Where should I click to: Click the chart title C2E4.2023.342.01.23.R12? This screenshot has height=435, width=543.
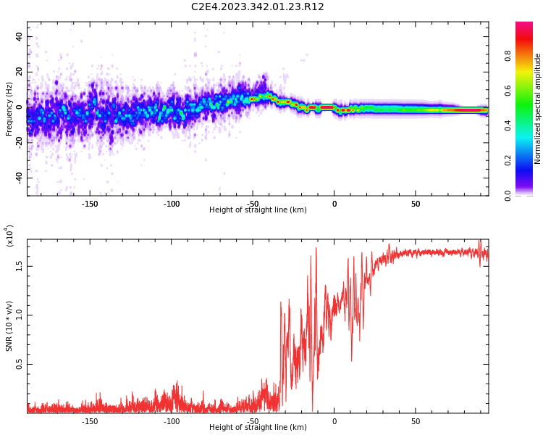pos(257,7)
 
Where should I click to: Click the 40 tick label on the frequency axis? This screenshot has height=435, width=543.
pos(20,36)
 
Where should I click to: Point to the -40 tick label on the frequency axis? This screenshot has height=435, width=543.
pos(17,178)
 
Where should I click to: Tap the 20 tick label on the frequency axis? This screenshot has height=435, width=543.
pos(20,72)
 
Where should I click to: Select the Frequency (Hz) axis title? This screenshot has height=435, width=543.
pos(9,109)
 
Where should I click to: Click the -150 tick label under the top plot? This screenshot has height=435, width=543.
pos(90,204)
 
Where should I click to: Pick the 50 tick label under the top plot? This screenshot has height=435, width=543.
pos(415,204)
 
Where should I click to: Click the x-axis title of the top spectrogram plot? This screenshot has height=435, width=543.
pos(258,210)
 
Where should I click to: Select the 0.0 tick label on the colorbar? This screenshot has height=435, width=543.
pos(528,195)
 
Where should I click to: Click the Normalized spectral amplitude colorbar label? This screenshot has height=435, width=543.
pos(538,109)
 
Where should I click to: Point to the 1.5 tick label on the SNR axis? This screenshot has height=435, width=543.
pos(20,265)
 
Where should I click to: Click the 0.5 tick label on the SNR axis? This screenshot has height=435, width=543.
pos(20,364)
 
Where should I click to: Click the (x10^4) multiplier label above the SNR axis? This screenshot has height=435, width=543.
pos(9,236)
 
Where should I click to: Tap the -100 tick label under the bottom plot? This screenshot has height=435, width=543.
pos(171,421)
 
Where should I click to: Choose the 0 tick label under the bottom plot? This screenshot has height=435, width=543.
pos(334,421)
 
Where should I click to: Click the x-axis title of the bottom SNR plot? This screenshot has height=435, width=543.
pos(258,428)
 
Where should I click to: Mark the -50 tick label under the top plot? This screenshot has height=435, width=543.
pos(252,204)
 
